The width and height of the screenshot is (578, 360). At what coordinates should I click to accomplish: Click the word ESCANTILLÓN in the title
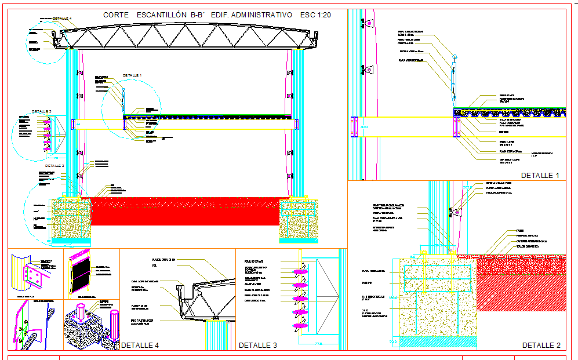tap(158, 15)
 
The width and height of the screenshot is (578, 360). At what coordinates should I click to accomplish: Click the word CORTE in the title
tap(117, 15)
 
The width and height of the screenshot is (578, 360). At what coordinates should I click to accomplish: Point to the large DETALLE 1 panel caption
tap(540, 175)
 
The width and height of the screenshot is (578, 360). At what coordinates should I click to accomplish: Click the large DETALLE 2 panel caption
tap(541, 345)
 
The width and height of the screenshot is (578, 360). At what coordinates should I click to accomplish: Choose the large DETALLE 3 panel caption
tap(257, 346)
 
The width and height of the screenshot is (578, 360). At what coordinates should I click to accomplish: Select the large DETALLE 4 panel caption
tap(140, 346)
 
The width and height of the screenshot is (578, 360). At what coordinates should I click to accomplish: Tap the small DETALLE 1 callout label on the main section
tap(132, 75)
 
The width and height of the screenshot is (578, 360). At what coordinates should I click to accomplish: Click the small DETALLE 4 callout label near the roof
tap(62, 19)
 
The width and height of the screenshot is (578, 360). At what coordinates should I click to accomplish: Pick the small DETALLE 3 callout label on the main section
tap(42, 111)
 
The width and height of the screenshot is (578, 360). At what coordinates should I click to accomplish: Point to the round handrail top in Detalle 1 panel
tap(455, 57)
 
